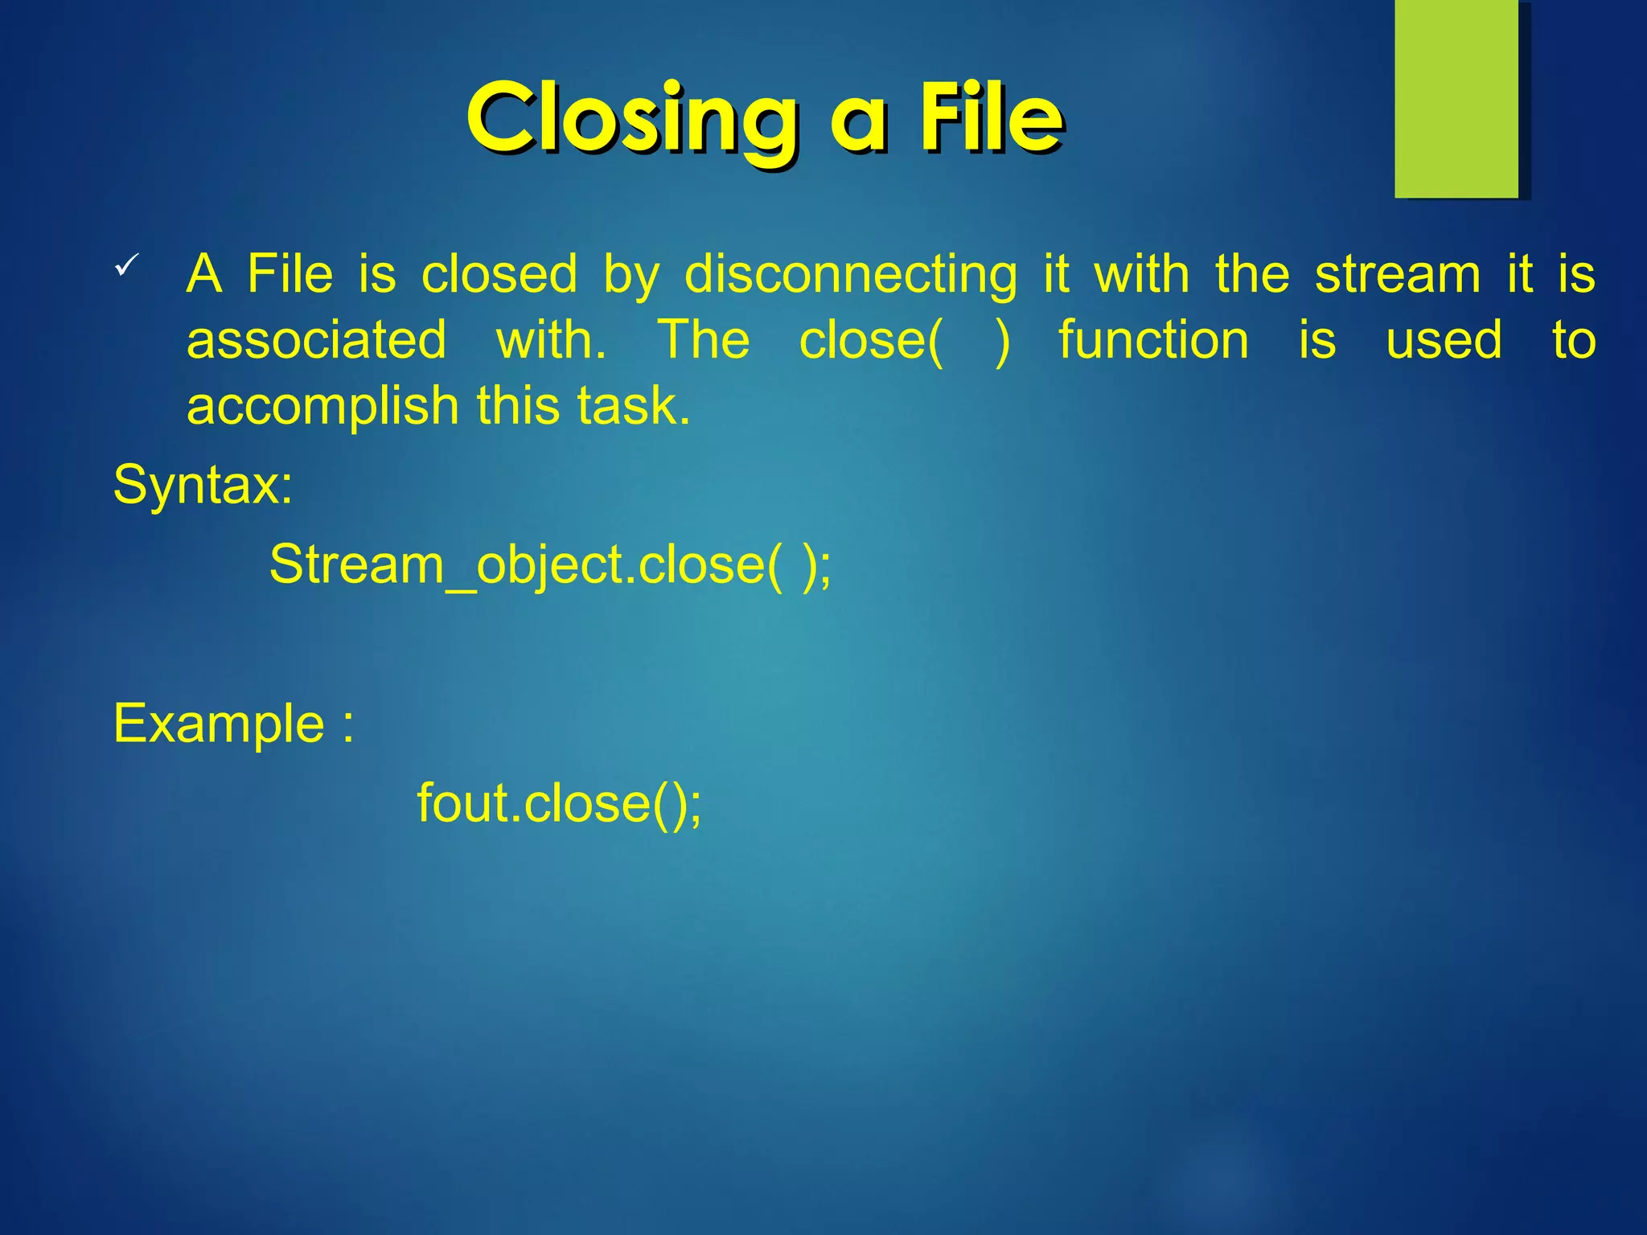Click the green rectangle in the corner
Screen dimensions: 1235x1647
1456,98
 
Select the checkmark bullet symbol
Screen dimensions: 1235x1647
127,265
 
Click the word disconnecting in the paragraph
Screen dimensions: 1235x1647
851,275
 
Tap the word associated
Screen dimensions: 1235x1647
316,340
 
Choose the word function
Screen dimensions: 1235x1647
1153,340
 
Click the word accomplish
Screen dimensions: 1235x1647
322,406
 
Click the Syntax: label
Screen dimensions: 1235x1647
203,485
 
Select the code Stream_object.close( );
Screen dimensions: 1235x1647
550,564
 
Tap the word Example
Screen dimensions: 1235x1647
219,724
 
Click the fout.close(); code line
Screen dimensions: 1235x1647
559,803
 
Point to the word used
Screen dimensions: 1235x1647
1444,340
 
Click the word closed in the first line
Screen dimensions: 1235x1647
499,275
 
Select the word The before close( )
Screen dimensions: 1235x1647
704,340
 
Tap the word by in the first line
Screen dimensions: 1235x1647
630,275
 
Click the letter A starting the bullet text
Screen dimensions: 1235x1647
204,275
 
